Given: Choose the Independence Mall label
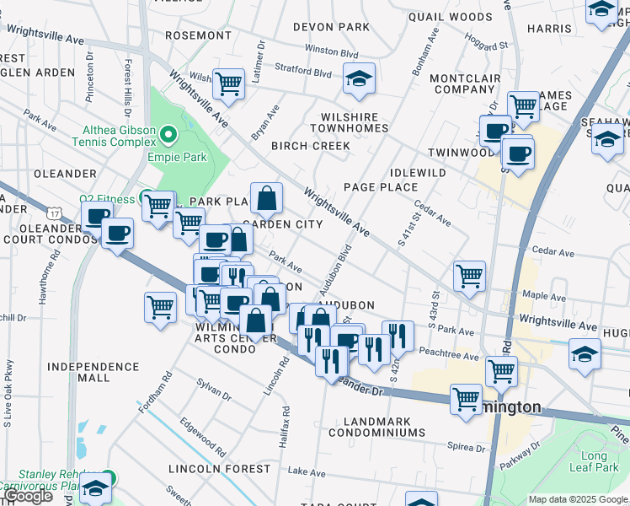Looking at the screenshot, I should coord(93,373).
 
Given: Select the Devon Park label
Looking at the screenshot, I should coord(331,27).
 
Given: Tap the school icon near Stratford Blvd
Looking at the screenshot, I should coord(360,79).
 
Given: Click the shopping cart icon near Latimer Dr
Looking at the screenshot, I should coord(228,83).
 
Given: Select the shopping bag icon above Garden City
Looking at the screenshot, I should coord(266,198).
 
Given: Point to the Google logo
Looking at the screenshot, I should coord(28,497).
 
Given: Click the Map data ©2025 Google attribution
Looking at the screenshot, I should coord(579,499).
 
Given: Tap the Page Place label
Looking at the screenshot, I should coord(381,186).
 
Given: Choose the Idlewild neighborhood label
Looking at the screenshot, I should coord(418,172).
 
